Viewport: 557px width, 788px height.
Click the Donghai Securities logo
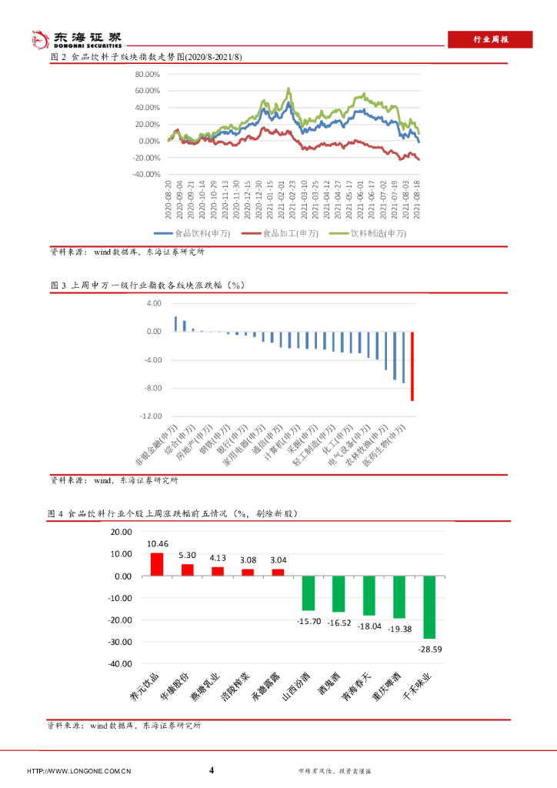(75, 39)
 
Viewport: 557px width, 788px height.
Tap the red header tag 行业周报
(490, 40)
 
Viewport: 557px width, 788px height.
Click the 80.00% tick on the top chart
(146, 75)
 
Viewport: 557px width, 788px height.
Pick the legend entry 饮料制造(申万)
(368, 233)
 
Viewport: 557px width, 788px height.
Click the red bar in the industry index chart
(412, 366)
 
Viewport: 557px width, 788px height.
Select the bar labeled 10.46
(156, 564)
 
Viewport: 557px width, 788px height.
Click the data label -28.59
(429, 649)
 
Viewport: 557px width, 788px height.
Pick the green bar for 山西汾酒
(308, 593)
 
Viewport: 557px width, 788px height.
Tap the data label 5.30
(187, 555)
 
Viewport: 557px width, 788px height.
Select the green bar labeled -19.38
(399, 597)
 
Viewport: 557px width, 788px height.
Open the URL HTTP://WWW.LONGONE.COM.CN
(79, 771)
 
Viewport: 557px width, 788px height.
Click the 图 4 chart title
(172, 513)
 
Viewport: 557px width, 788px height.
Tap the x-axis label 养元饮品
(146, 687)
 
